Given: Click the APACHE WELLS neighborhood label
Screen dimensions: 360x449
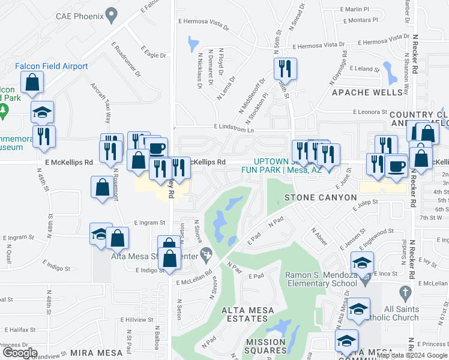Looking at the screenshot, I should point(367,93).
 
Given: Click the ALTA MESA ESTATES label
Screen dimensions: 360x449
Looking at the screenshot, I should point(248,310).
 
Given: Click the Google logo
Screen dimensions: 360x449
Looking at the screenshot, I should point(19,353).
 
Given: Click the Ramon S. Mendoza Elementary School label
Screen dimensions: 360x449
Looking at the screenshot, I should point(321,279).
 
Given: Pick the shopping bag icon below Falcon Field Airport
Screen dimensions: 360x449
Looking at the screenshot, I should point(32,81).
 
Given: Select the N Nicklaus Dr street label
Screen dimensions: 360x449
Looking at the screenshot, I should point(200,70).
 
